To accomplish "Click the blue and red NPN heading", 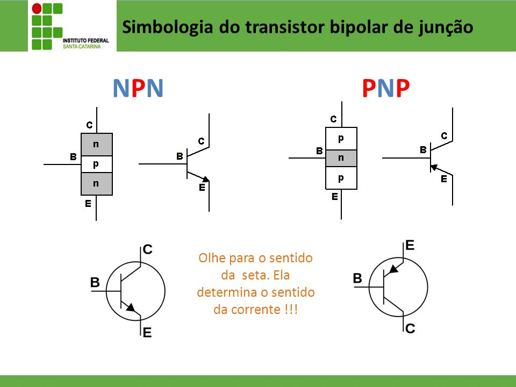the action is tap(138, 88).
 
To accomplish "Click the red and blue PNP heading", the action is tap(386, 88).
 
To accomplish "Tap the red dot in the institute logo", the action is tap(37, 9).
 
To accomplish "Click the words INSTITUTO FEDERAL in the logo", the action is tap(85, 40).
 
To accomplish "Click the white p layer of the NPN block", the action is tap(97, 164).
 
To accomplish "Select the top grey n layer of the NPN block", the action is tap(97, 145).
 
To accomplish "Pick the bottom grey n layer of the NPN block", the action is tap(97, 184).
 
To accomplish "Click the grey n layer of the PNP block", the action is tap(341, 158).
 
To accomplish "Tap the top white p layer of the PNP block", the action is tap(341, 139).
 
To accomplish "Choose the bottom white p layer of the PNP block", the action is tap(341, 178).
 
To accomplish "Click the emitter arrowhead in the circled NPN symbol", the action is tap(131, 307).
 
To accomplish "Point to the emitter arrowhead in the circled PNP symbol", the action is tap(393, 269).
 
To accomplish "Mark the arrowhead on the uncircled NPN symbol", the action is tap(206, 179).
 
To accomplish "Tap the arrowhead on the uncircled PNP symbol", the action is tap(434, 167).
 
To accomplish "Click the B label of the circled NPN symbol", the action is tap(95, 282).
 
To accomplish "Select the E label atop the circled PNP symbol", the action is tap(410, 246).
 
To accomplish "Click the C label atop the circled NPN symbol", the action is tap(148, 249).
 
